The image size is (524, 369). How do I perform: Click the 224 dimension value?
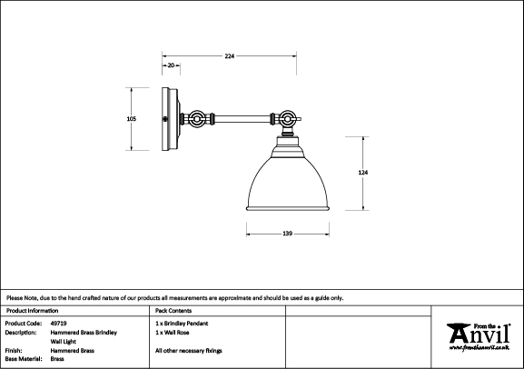(229, 56)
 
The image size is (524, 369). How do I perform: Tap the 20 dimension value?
(171, 65)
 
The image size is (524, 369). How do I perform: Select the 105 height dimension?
(132, 119)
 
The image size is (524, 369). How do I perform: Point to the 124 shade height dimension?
(363, 173)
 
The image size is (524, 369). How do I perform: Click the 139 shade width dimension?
(287, 234)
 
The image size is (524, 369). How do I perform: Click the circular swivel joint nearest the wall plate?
(196, 119)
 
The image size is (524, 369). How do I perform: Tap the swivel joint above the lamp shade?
(287, 119)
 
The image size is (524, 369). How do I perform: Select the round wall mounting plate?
(171, 119)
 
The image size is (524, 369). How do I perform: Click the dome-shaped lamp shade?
(288, 183)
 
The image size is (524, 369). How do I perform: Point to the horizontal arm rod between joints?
(242, 119)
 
